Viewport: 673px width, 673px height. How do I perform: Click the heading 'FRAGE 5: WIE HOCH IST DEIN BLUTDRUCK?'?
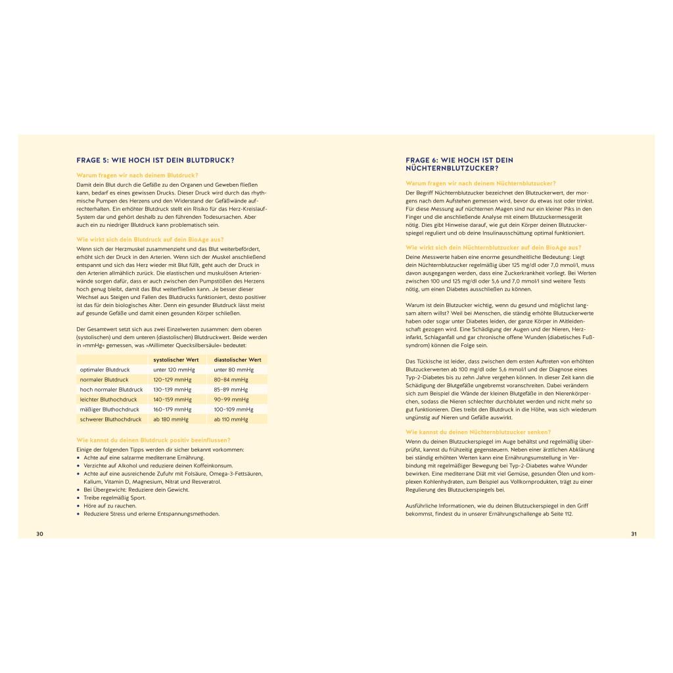(155, 160)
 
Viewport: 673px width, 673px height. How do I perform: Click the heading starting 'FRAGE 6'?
(459, 164)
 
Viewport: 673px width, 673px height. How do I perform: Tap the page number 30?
(39, 534)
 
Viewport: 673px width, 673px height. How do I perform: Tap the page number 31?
(634, 534)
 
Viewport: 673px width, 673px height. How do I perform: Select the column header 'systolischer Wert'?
(175, 360)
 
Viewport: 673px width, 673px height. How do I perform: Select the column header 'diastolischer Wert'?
(237, 360)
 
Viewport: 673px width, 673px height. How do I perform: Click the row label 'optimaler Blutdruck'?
(104, 369)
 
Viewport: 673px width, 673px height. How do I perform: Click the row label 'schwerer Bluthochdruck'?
(110, 419)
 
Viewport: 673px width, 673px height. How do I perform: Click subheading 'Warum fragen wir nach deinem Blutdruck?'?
(137, 175)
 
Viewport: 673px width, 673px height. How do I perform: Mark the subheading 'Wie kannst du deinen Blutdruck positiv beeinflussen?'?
(153, 439)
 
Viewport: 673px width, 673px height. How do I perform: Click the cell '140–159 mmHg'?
(173, 399)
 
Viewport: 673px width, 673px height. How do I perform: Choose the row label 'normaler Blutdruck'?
(104, 379)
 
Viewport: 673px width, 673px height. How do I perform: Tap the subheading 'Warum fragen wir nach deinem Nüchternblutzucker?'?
(480, 183)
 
